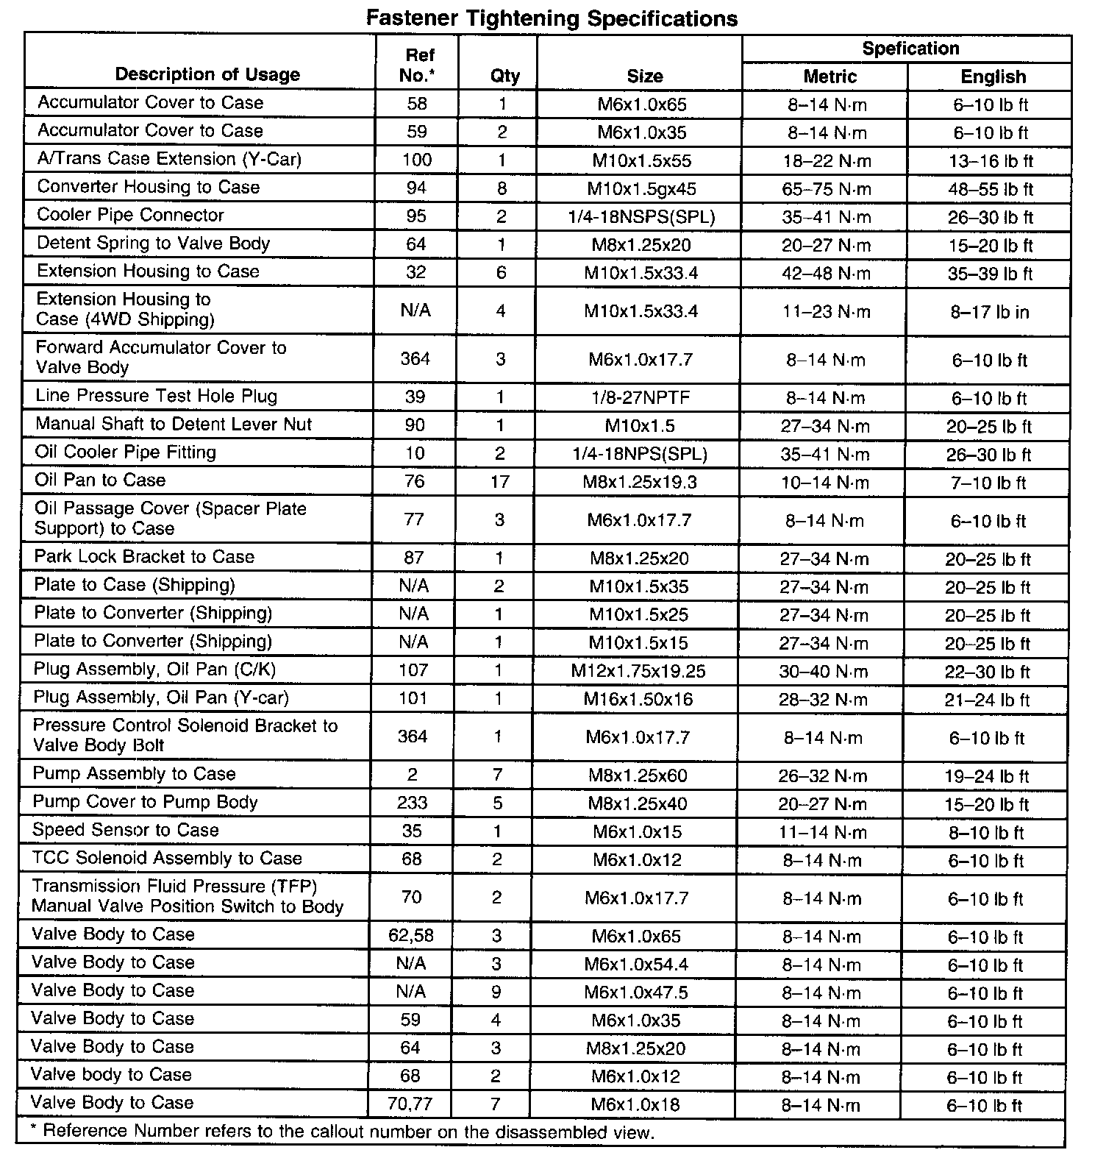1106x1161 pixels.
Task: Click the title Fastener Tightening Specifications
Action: [x=552, y=18]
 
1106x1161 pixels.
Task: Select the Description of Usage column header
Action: [x=207, y=74]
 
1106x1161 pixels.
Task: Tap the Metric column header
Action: [x=829, y=77]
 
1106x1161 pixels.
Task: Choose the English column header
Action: [x=993, y=77]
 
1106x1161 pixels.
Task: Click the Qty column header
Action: [x=504, y=76]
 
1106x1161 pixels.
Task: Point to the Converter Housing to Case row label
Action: [x=148, y=187]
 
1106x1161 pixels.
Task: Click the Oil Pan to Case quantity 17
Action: [x=499, y=482]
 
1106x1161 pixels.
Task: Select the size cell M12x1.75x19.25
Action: [x=638, y=671]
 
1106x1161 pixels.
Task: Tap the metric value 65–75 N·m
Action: [x=826, y=189]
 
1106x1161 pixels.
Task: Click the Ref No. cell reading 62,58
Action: [x=414, y=936]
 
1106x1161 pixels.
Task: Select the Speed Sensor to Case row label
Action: [x=126, y=830]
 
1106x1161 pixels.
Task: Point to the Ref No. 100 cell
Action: [x=417, y=160]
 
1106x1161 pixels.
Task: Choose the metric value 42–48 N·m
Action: [x=826, y=274]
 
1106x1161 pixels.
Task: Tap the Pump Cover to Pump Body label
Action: [x=145, y=802]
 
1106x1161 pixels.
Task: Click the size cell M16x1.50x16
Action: [x=638, y=699]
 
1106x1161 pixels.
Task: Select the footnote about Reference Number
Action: [x=343, y=1132]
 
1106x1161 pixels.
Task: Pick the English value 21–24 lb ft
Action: [x=987, y=700]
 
